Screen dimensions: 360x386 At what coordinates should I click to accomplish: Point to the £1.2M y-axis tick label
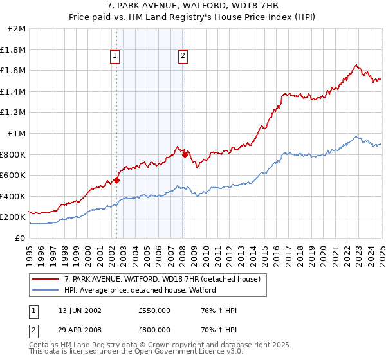pos(14,113)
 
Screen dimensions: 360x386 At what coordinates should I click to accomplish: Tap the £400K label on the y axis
pos(14,196)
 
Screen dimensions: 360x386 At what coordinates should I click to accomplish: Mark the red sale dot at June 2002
pos(116,181)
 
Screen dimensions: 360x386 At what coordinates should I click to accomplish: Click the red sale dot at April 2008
pos(185,154)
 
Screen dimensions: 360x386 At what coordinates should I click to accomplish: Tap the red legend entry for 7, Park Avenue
pos(161,279)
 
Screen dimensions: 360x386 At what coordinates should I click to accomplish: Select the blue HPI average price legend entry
pos(140,290)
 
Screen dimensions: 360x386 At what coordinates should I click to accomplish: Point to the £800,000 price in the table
pos(154,330)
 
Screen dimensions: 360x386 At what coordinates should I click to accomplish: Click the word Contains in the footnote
pos(43,345)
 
